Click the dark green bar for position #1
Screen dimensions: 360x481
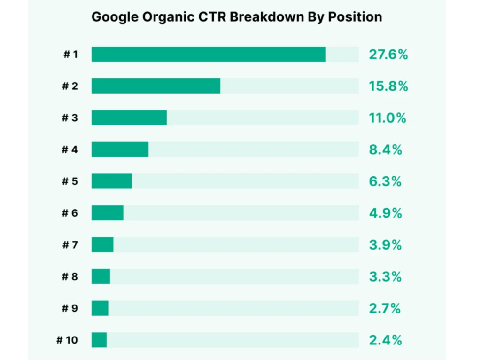point(208,54)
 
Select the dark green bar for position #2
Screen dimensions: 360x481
point(155,86)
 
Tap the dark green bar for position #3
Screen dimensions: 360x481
point(129,117)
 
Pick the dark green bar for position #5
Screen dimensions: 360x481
point(111,181)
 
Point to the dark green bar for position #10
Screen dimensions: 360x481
point(99,340)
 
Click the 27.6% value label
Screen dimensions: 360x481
point(388,55)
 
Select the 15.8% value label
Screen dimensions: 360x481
point(388,86)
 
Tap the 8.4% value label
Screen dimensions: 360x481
point(385,150)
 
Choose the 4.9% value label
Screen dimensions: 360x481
point(385,213)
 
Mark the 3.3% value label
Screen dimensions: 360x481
point(385,277)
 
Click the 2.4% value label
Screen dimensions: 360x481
point(385,340)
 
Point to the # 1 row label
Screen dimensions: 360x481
point(70,55)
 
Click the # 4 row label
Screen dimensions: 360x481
point(70,150)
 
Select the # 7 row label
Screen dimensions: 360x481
point(70,245)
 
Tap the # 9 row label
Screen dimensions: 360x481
point(70,308)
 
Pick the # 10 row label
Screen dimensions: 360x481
point(67,340)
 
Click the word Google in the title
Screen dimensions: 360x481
point(110,17)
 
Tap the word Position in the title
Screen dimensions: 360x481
point(357,17)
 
